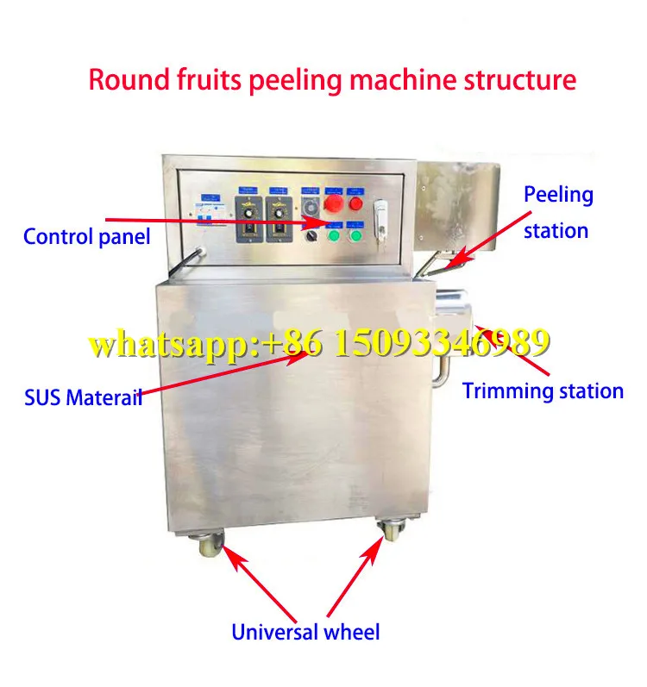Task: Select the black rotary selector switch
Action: click(311, 235)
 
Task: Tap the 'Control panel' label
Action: click(86, 236)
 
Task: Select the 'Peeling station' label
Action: click(558, 212)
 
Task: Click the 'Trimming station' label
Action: click(543, 390)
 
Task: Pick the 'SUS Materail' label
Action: click(83, 398)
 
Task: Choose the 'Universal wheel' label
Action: click(305, 632)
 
